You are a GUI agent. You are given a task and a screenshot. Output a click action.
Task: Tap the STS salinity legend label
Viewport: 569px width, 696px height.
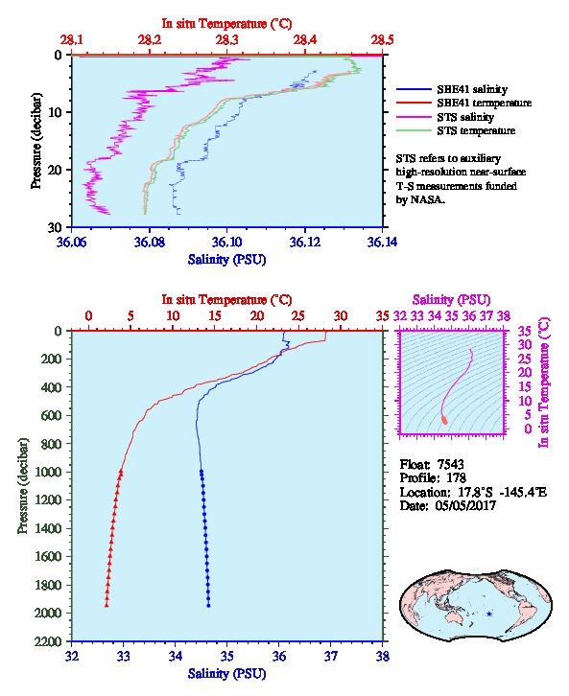465,117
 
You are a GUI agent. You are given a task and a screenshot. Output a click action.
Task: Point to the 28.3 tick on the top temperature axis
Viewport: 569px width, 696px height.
227,40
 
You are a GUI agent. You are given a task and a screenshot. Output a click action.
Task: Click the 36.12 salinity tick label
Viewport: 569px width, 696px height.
305,242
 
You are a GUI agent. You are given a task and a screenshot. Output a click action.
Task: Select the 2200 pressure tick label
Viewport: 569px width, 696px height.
47,641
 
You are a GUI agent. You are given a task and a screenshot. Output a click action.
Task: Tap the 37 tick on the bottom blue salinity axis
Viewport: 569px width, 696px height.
331,656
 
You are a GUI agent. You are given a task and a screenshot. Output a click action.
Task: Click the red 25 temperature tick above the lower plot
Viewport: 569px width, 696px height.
298,315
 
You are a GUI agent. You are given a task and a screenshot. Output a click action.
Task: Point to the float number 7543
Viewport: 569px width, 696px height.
450,464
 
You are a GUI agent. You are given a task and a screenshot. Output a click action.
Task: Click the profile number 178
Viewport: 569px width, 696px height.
456,477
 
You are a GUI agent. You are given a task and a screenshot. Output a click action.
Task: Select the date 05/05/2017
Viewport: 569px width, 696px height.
465,505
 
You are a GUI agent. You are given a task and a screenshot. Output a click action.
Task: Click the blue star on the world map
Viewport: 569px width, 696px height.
489,614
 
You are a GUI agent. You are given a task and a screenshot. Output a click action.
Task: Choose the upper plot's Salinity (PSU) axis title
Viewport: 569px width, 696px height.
227,260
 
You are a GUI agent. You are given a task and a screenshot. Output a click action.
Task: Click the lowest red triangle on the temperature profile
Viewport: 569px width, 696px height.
107,605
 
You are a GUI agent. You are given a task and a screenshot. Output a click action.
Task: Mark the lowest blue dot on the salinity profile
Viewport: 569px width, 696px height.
208,605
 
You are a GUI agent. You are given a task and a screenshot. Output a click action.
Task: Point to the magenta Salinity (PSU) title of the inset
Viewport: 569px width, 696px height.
451,300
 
